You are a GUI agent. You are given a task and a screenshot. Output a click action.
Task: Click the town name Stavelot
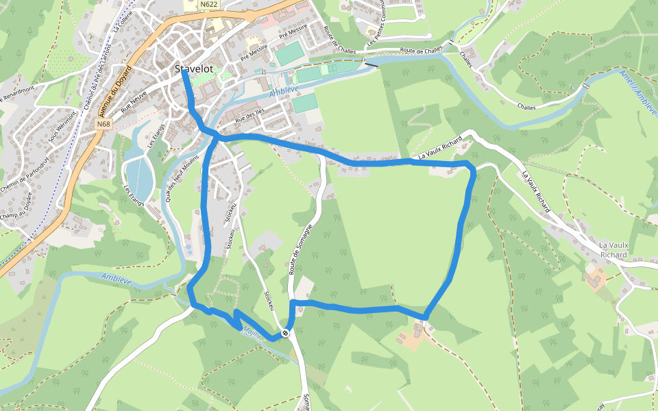(x=194, y=69)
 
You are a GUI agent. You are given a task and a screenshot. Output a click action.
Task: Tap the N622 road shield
(x=209, y=4)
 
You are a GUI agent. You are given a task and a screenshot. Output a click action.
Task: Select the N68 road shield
(x=103, y=124)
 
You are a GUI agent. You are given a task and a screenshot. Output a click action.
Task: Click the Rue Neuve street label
(x=134, y=101)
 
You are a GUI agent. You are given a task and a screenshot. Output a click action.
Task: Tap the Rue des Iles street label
(x=249, y=116)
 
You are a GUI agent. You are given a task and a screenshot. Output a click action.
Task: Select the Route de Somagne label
(x=300, y=250)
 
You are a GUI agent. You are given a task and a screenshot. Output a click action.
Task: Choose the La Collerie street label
(x=124, y=25)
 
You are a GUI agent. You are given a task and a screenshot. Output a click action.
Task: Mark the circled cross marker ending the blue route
(x=285, y=334)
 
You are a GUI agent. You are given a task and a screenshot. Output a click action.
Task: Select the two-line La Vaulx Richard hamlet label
(x=613, y=250)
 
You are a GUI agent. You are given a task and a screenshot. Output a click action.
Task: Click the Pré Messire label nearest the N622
(x=293, y=32)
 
